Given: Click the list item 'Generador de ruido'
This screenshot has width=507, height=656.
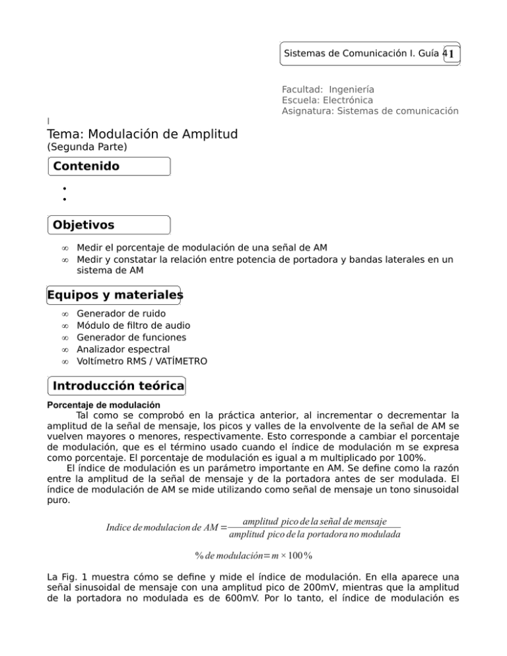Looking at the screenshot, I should tap(119, 313).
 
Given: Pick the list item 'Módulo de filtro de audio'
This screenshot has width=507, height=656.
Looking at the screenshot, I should tap(134, 325).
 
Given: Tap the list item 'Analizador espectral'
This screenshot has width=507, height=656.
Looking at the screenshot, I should tap(123, 349).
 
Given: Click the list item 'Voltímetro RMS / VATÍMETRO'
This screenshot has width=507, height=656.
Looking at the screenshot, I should tap(142, 361).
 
